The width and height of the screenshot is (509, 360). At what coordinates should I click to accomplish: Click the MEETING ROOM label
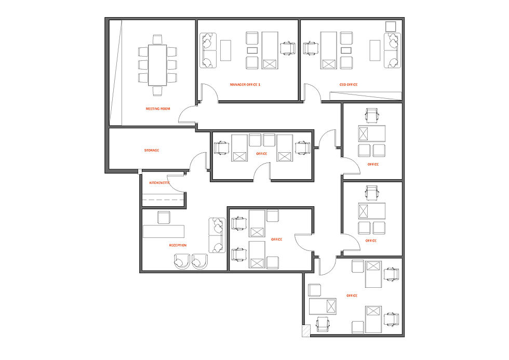click(x=158, y=109)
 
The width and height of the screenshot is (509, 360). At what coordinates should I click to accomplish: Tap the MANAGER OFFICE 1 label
click(x=245, y=84)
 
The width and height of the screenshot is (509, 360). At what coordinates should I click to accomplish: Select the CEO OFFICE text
click(x=349, y=84)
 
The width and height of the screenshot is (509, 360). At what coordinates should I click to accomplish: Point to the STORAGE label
click(x=152, y=150)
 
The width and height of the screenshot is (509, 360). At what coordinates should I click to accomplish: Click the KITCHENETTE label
click(x=159, y=183)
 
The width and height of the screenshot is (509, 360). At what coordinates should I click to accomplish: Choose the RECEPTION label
click(x=178, y=245)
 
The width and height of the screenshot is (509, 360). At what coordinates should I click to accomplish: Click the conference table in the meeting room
click(x=157, y=65)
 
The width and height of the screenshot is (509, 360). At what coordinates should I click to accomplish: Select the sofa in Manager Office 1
click(x=208, y=50)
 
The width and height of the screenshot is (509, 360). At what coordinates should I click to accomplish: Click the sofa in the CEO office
click(x=393, y=50)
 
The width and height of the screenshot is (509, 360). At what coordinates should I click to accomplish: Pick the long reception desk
click(x=164, y=232)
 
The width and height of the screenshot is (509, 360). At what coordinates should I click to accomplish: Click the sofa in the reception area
click(x=217, y=235)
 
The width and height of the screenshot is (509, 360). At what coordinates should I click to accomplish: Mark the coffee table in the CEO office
click(x=375, y=50)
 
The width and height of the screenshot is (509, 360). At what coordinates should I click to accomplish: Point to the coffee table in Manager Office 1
click(x=225, y=50)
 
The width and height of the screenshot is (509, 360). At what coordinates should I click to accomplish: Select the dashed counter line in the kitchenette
click(x=163, y=199)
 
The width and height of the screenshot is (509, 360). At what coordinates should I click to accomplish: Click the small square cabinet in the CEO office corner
click(x=391, y=26)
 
